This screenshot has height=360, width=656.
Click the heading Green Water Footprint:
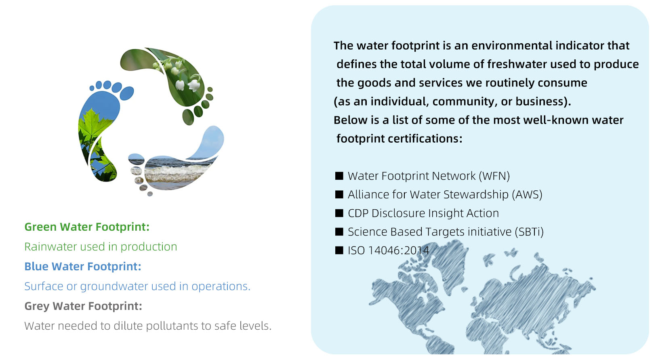87,227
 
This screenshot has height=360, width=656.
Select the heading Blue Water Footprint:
83,267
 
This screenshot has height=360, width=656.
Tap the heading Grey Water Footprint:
83,306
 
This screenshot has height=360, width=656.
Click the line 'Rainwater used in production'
101,246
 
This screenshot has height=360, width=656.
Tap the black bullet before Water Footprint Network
339,176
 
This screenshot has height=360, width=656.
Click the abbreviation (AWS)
527,194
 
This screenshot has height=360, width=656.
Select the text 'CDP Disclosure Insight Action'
423,213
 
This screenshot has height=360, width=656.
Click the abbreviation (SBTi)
528,232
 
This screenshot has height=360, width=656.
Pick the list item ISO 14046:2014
388,251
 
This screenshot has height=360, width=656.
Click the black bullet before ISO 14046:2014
339,250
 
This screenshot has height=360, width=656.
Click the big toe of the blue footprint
126,93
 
